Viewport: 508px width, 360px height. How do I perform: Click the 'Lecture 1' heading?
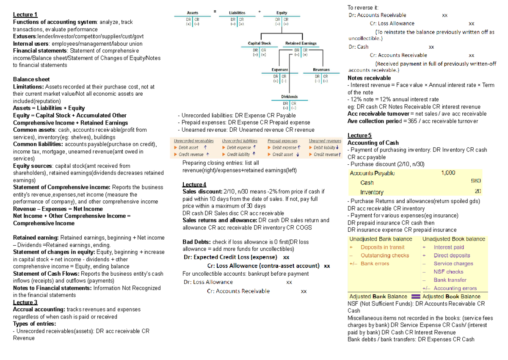(25, 15)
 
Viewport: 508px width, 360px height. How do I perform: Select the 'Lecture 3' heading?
(25, 302)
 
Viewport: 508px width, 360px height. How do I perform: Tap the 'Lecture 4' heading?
(194, 184)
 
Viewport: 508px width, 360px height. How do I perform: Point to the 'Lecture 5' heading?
(359, 136)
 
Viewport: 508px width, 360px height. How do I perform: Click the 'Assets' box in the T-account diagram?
(193, 13)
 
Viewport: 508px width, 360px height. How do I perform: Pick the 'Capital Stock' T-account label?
(259, 43)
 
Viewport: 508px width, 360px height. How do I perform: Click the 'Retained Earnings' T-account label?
(301, 43)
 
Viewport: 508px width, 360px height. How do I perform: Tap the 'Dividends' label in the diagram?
(290, 97)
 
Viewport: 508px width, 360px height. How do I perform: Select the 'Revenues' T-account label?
(321, 70)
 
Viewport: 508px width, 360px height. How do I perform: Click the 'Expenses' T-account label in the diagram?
(280, 70)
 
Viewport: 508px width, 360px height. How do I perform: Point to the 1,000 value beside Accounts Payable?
(448, 173)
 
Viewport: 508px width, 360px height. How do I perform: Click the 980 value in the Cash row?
(476, 182)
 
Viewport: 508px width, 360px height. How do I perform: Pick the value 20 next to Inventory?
(478, 191)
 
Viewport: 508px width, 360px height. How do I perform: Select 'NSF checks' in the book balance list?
(448, 272)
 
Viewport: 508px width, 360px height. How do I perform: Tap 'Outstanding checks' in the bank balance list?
(384, 255)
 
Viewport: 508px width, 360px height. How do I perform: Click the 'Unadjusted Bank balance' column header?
(380, 239)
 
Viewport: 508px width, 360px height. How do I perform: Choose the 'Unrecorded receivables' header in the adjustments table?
(194, 141)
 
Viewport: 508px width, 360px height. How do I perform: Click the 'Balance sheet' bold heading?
(31, 79)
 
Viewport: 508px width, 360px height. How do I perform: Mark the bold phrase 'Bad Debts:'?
(196, 242)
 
